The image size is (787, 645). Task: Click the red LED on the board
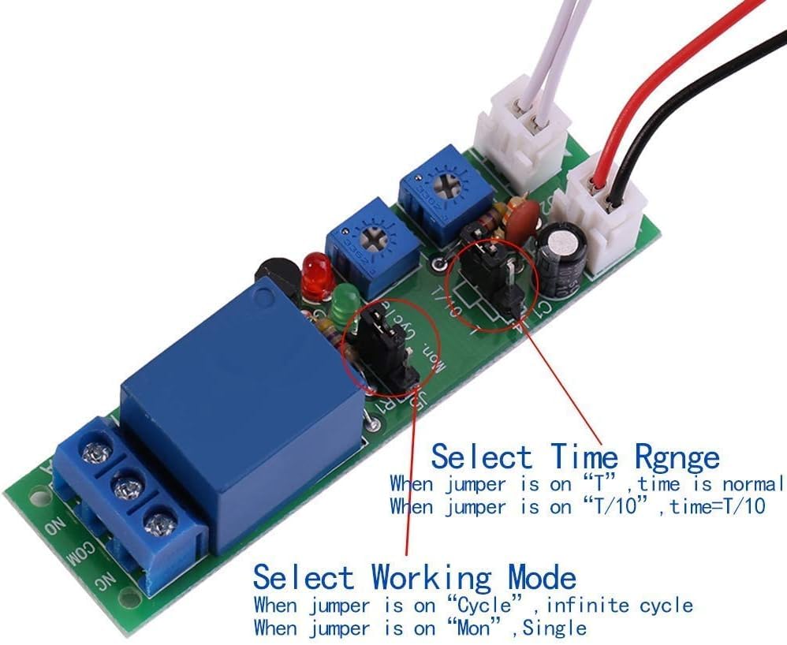[x=317, y=275]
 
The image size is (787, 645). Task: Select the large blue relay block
[x=237, y=394]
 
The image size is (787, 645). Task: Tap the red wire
[x=655, y=87]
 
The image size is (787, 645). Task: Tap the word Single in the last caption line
[x=554, y=628]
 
